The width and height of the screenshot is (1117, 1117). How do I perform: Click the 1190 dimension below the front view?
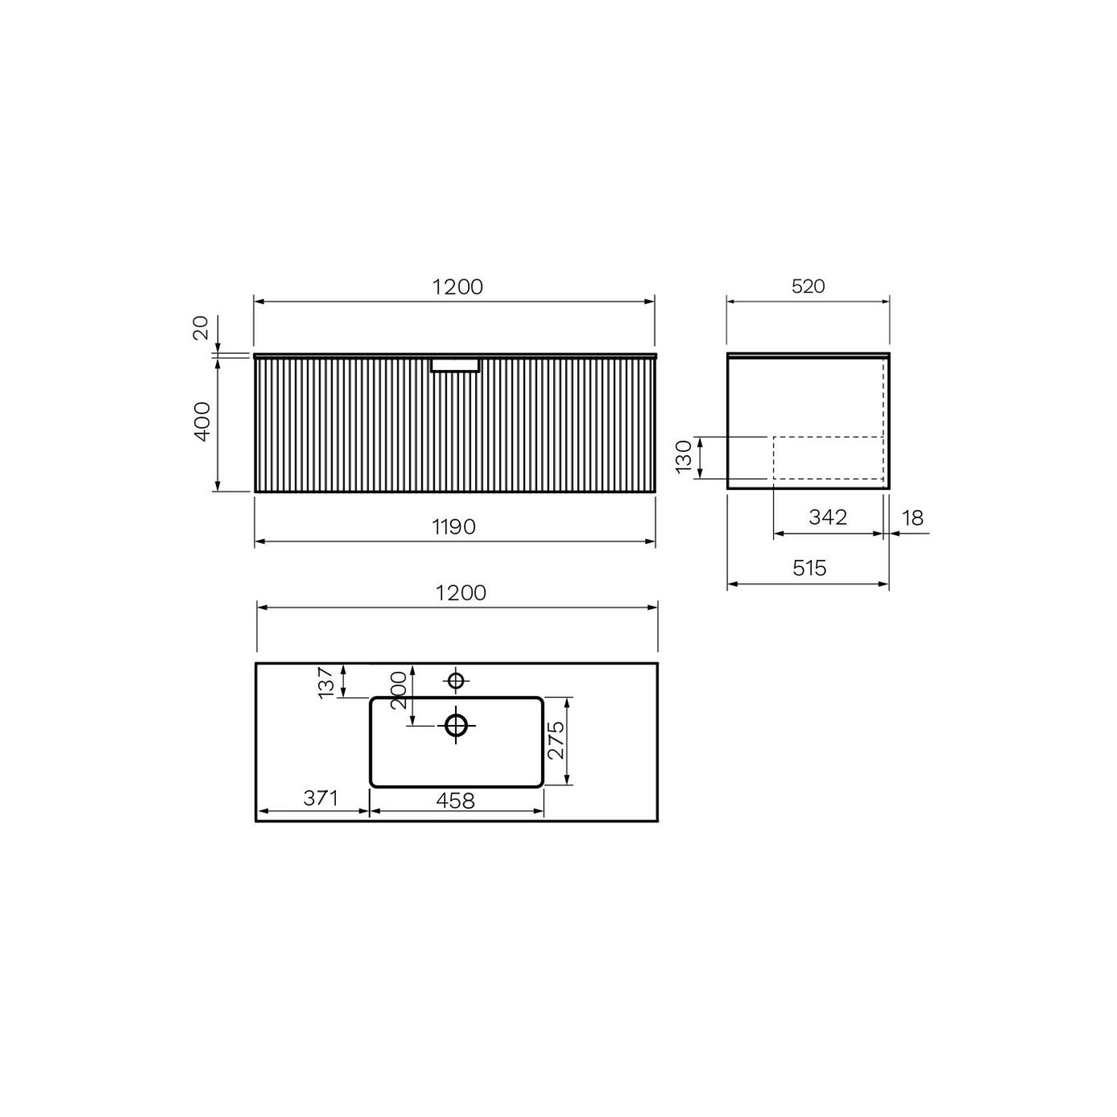pyautogui.click(x=454, y=527)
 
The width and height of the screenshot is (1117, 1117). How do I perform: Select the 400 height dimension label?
pyautogui.click(x=203, y=421)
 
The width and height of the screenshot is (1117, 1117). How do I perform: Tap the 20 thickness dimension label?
pyautogui.click(x=201, y=328)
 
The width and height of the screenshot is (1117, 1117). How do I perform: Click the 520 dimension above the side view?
pyautogui.click(x=808, y=287)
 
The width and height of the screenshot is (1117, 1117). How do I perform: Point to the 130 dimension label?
pyautogui.click(x=684, y=457)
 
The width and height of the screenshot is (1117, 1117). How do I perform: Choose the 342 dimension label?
pyautogui.click(x=828, y=517)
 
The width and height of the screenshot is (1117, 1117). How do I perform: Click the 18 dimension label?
pyautogui.click(x=912, y=518)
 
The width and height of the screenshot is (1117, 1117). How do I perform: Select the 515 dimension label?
pyautogui.click(x=809, y=568)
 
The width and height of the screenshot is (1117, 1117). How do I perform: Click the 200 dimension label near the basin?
pyautogui.click(x=399, y=690)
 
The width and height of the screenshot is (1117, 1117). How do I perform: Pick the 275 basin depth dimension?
pyautogui.click(x=557, y=740)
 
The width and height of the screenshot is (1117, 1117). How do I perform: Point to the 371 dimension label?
pyautogui.click(x=321, y=798)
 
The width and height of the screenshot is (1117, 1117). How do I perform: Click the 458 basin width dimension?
pyautogui.click(x=455, y=800)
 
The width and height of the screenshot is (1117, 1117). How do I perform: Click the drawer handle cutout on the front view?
pyautogui.click(x=455, y=366)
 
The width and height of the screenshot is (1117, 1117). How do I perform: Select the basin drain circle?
pyautogui.click(x=456, y=724)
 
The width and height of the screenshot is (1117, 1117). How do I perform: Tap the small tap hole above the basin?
pyautogui.click(x=456, y=681)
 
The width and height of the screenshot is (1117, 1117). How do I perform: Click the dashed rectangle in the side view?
pyautogui.click(x=828, y=458)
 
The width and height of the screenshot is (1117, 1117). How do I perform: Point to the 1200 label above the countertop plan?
pyautogui.click(x=461, y=593)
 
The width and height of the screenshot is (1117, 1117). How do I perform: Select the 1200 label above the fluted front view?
pyautogui.click(x=457, y=287)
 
